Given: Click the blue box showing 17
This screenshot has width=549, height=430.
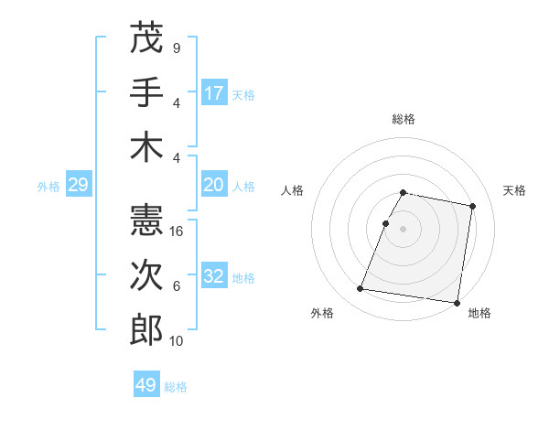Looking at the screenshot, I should click(214, 93).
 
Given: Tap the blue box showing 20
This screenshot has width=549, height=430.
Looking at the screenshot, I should click(214, 186).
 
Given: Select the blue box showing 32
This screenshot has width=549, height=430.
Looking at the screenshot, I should click(214, 277).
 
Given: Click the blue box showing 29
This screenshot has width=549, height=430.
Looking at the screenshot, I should click(78, 186).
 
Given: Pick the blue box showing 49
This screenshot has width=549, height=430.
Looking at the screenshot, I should click(146, 385).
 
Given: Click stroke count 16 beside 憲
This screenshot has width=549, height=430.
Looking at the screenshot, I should click(178, 231).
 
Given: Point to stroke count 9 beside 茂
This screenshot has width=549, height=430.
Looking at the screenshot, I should click(176, 48).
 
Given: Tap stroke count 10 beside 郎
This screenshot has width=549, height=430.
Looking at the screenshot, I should click(178, 341).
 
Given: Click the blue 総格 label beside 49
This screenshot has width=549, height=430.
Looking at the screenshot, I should click(176, 387).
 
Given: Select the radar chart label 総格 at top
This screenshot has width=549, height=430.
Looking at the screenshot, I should click(404, 120).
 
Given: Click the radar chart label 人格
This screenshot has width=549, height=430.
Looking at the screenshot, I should click(293, 190).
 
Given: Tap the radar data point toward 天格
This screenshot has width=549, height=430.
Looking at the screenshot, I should click(473, 207).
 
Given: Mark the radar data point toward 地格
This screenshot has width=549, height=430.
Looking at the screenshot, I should click(457, 302).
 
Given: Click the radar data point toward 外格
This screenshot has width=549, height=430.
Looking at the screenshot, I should click(361, 289).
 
